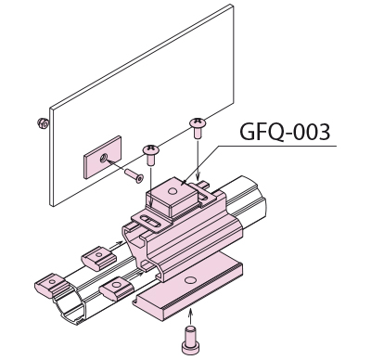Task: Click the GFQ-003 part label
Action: tap(285, 132)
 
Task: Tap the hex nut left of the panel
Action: tap(43, 123)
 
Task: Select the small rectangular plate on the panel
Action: tap(102, 157)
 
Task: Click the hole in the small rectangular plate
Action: tap(102, 160)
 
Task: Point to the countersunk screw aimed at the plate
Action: tap(134, 175)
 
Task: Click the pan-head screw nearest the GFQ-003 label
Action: tap(198, 128)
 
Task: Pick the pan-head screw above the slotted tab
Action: tap(151, 155)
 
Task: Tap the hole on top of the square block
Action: tap(171, 191)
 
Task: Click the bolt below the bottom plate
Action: tap(190, 340)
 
